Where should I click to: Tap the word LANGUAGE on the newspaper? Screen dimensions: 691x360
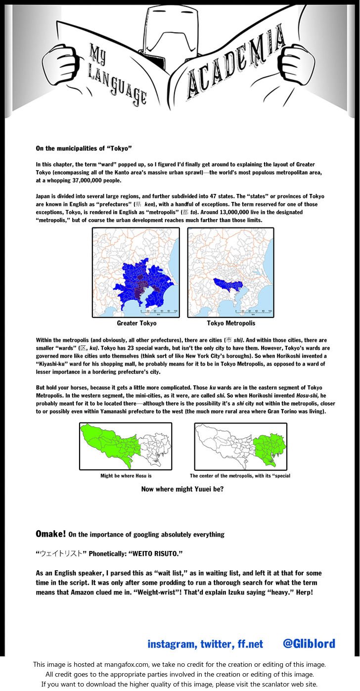point(118,79)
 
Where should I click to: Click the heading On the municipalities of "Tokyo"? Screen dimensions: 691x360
point(84,148)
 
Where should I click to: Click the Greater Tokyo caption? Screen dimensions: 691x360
point(136,323)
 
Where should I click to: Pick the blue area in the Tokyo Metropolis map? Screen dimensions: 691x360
point(227,285)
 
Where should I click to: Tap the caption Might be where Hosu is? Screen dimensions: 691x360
point(126,476)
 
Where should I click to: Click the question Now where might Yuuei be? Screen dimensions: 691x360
point(182,489)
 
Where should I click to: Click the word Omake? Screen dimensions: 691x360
point(50,534)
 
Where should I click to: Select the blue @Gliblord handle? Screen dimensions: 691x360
point(309,644)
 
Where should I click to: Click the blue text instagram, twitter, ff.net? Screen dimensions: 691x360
point(205,644)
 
